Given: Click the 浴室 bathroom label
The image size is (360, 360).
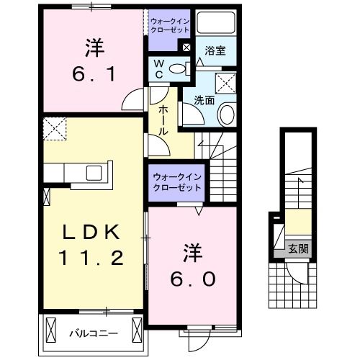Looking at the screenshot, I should point(214,51).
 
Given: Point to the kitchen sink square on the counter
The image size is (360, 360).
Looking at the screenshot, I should point(95,173).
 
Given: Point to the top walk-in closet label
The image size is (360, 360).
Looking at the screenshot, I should point(170,27).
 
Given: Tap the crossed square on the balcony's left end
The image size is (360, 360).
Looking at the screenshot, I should point(50,331).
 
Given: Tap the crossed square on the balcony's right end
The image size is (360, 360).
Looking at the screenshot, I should point(136,331).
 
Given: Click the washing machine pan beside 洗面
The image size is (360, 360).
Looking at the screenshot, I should point(230,81).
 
